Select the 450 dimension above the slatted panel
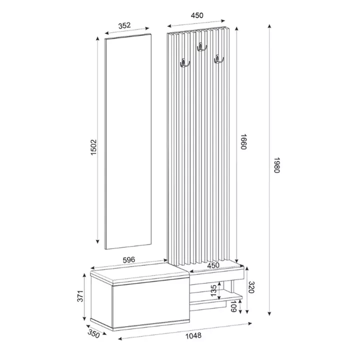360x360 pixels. (x=197, y=15)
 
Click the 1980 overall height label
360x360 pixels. (x=277, y=164)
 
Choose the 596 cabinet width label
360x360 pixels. (x=129, y=259)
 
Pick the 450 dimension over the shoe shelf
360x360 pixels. (x=213, y=265)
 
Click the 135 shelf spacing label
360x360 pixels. (x=213, y=290)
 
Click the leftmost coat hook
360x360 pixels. (x=184, y=63)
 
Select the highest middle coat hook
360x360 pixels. (x=201, y=47)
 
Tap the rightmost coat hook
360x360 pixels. (x=218, y=60)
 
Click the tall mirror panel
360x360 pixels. (x=128, y=140)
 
